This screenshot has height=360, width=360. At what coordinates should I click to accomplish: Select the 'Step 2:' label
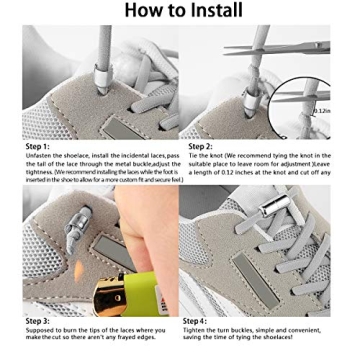[200, 146]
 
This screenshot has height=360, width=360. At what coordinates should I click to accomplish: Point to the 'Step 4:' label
[196, 320]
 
